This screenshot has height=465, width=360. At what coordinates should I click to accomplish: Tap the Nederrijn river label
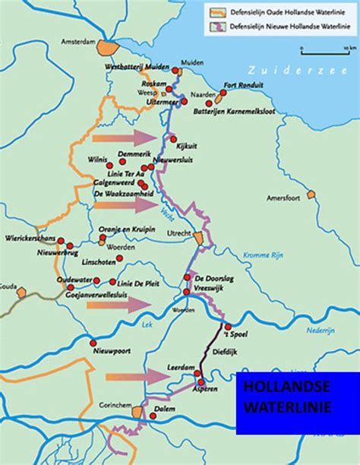[321, 331]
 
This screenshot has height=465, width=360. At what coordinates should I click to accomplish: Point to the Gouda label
[8, 286]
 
